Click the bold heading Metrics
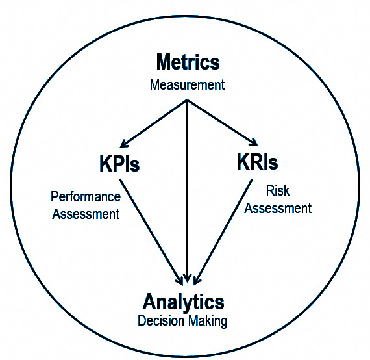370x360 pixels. coord(188,62)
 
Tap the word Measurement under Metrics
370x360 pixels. coord(188,85)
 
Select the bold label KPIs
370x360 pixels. coord(119,163)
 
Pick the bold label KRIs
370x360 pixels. coord(257,162)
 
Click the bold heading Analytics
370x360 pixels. coord(183,302)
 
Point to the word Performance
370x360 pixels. coord(86,196)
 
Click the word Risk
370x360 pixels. coord(278,190)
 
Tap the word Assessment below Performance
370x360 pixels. coord(86,214)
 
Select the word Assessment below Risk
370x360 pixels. coord(278,209)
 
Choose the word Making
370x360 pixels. coord(208,321)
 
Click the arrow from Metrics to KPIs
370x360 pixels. coord(154,123)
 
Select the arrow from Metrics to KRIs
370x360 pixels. coord(222,123)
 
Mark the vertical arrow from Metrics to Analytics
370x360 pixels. coord(188,191)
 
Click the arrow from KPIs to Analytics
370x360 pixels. coord(151,232)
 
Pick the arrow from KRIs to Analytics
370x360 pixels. coord(223,232)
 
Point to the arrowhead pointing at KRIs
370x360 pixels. coord(253,142)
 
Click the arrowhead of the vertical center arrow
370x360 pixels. coord(188,278)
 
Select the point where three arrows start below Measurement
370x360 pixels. coord(188,100)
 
